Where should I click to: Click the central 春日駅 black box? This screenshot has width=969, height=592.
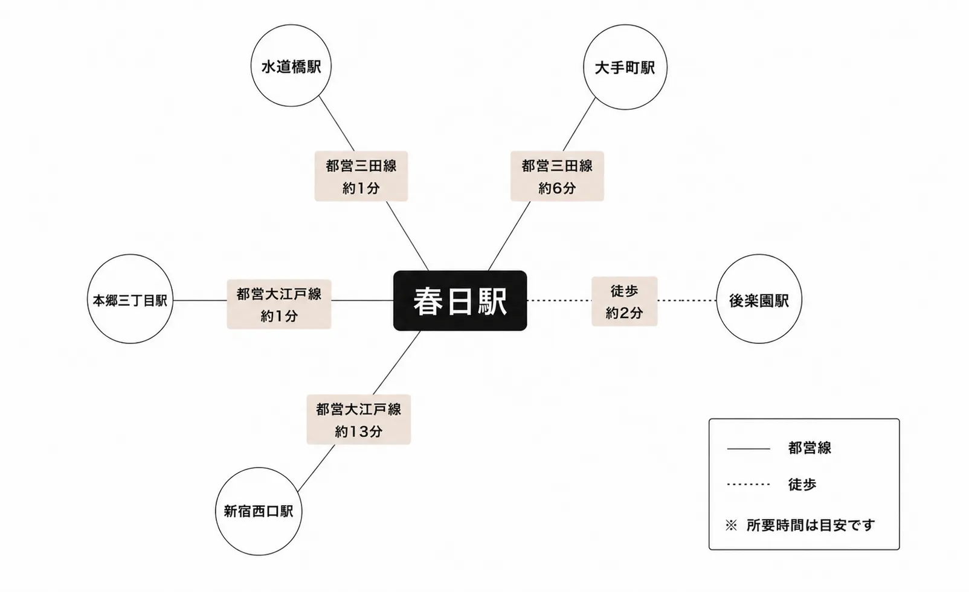[460, 301]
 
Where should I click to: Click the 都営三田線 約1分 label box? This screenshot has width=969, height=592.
[361, 176]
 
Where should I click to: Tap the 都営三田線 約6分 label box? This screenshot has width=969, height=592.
[557, 176]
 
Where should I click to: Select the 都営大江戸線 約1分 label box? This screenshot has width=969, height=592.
[279, 304]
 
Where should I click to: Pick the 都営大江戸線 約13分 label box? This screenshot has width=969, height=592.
[359, 419]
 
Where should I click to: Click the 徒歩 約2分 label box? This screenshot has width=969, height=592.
[625, 301]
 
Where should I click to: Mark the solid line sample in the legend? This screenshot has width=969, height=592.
[748, 449]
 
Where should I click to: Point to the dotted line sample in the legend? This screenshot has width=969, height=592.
[748, 485]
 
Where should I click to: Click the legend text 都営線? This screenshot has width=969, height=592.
[810, 448]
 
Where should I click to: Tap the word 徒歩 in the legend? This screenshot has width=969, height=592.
[802, 485]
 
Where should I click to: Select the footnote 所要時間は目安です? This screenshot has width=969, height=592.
[811, 526]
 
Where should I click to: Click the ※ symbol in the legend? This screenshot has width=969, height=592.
[731, 526]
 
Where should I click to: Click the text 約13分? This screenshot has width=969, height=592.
[359, 431]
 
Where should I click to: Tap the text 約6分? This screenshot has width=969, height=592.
[557, 188]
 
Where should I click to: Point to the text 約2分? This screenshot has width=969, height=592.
[624, 313]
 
